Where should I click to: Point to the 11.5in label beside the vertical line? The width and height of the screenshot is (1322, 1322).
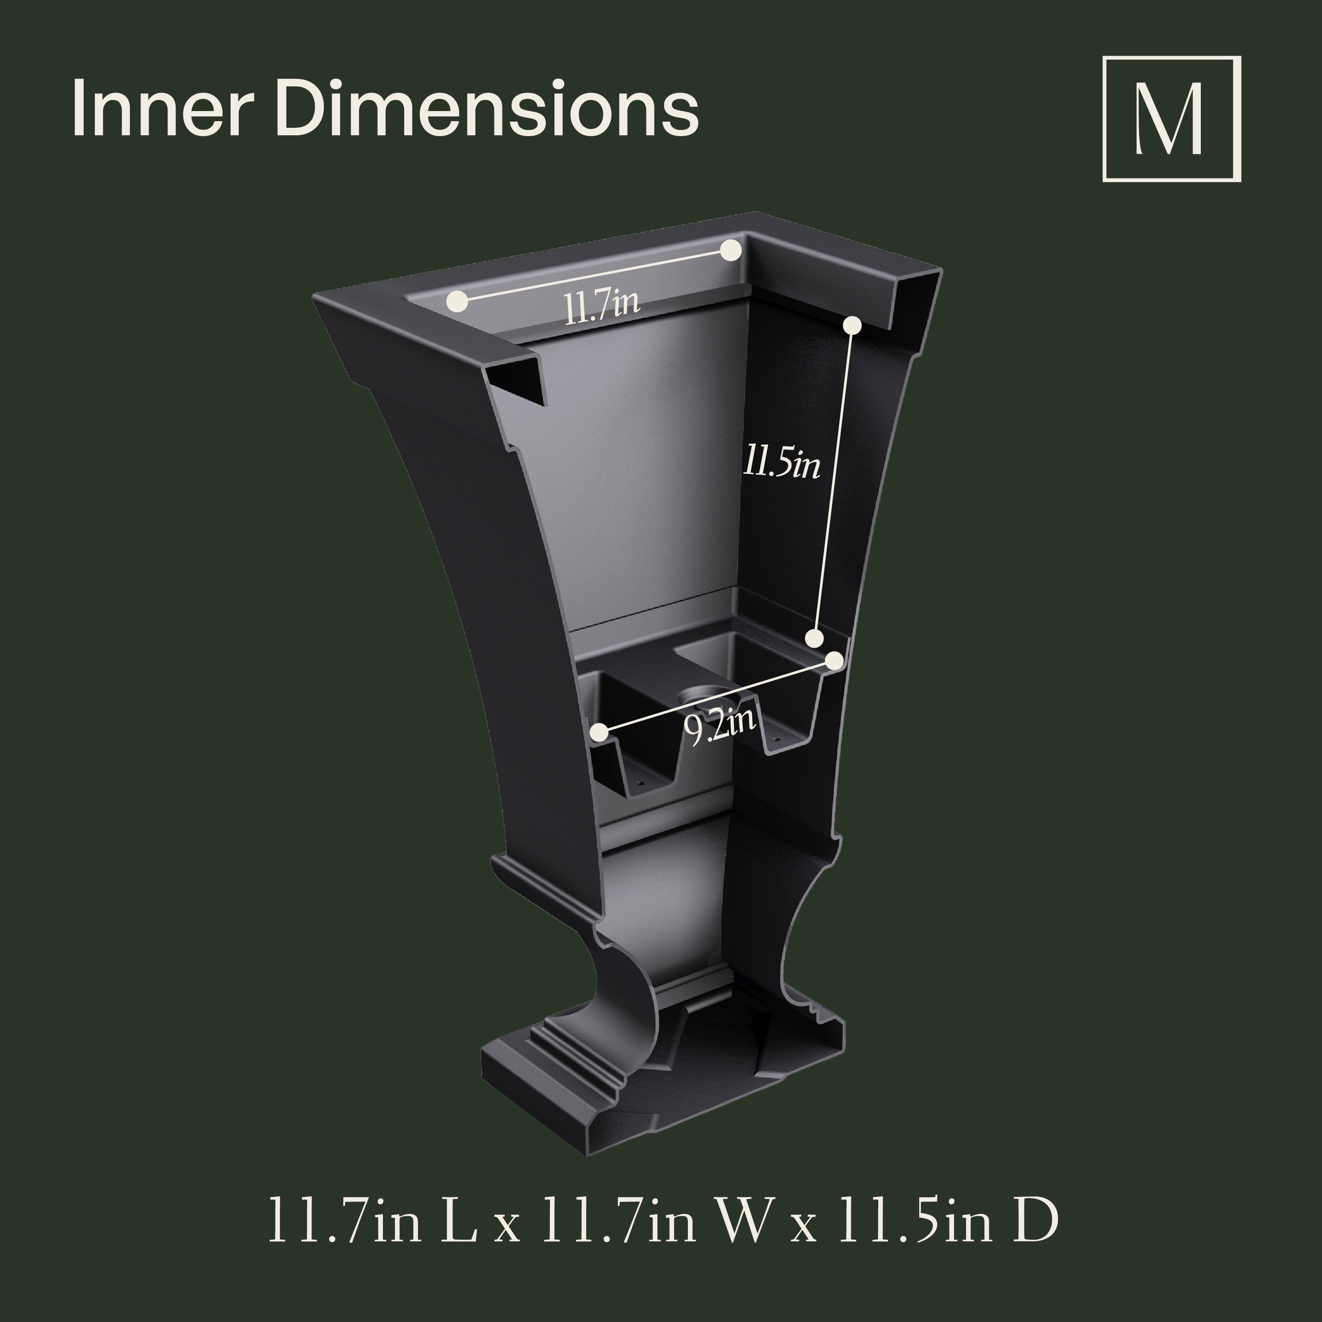click(781, 465)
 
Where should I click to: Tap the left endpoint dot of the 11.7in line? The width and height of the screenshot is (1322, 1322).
click(458, 301)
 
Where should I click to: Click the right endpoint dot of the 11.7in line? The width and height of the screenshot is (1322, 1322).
click(731, 250)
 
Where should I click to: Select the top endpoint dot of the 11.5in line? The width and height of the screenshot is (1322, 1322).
click(852, 326)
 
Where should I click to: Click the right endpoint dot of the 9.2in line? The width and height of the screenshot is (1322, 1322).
click(834, 660)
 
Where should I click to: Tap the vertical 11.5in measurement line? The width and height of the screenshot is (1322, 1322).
click(833, 479)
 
